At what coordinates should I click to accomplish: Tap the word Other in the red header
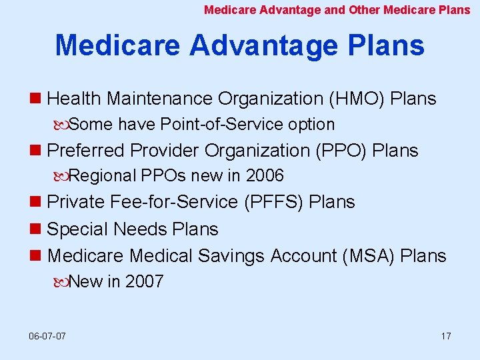tap(364, 10)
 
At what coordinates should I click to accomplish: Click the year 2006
tap(265, 176)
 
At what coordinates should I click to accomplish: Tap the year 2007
tap(144, 282)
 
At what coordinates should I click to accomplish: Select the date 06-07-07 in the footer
tap(47, 335)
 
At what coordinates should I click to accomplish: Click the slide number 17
tap(445, 335)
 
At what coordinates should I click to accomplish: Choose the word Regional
tap(104, 176)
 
